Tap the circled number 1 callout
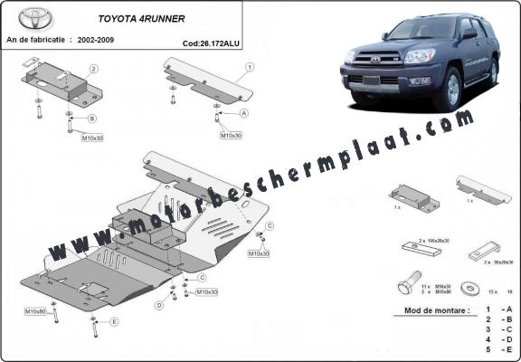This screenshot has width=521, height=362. point(249,66)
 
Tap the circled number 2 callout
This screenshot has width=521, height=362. point(93,69)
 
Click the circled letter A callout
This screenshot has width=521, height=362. point(243,114)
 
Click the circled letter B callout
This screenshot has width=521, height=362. point(91,119)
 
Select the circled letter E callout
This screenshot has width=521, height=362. point(114,321)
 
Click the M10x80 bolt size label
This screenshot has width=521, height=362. point(35,311)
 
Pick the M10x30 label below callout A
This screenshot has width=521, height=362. point(231,135)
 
